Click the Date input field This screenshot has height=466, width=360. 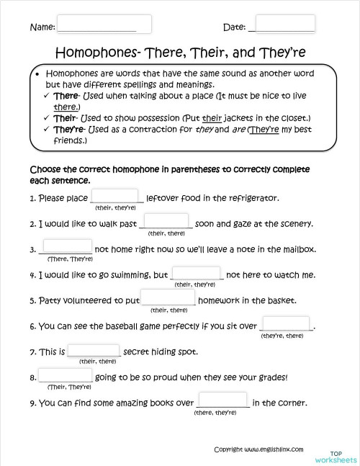click(284, 24)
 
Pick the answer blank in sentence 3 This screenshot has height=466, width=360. click(67, 248)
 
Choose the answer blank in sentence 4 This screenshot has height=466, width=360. click(197, 274)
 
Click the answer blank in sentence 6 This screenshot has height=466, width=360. click(286, 325)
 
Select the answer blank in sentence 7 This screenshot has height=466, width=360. click(94, 351)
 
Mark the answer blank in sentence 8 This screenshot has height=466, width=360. click(66, 376)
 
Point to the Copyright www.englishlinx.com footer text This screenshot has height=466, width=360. click(258, 429)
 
